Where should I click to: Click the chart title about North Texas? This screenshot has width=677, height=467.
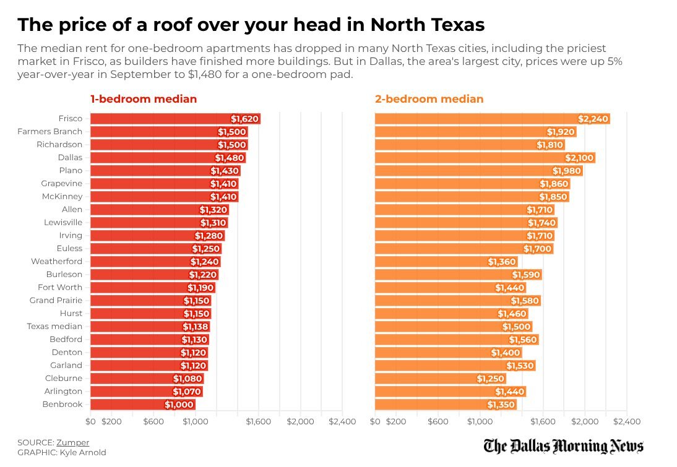(x=251, y=25)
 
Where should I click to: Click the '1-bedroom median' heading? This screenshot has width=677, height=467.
(x=144, y=99)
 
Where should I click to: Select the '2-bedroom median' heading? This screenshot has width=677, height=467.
(x=429, y=99)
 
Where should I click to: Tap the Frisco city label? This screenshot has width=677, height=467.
(x=71, y=119)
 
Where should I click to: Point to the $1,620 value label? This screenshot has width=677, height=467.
(x=245, y=119)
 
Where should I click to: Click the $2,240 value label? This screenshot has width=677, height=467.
(x=593, y=119)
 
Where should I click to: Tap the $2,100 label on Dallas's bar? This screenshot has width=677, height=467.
(x=579, y=158)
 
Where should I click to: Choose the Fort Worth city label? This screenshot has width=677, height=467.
(x=60, y=287)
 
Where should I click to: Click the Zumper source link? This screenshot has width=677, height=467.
(x=72, y=442)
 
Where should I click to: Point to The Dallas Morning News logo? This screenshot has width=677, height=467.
(x=564, y=446)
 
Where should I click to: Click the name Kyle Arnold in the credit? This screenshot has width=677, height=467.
(x=83, y=452)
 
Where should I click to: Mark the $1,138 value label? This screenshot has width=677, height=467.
(x=196, y=327)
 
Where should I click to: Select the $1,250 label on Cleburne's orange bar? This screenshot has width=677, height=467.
(x=491, y=379)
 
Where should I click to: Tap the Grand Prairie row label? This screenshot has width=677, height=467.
(x=56, y=300)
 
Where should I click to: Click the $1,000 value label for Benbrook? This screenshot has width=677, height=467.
(x=179, y=405)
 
